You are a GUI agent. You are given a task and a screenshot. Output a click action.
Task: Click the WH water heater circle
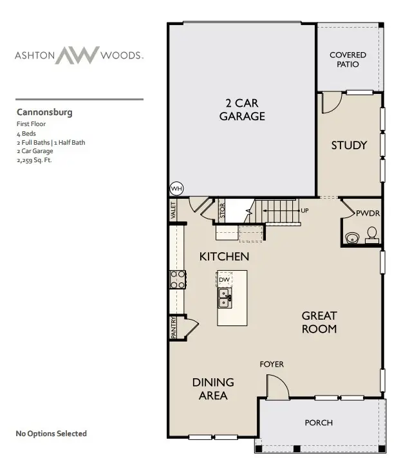(x=176, y=188)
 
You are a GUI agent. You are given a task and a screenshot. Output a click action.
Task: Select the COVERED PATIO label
(x=348, y=60)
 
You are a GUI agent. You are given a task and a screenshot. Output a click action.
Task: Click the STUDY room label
(x=349, y=145)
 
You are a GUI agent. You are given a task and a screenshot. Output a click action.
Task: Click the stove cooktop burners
(x=177, y=279)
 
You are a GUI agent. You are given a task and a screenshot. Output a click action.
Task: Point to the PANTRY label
(x=174, y=327)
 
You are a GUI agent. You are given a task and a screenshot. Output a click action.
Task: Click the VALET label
(x=173, y=210)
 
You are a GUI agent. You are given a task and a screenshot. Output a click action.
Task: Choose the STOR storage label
(x=222, y=212)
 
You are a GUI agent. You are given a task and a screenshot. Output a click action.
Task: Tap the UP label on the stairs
(x=304, y=210)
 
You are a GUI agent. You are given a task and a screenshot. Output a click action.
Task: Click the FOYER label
(x=271, y=365)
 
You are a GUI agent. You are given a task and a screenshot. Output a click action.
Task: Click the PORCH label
(x=319, y=423)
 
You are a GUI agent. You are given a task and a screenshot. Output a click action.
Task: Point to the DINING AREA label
(x=213, y=389)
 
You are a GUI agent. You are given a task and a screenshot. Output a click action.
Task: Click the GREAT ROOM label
(x=319, y=322)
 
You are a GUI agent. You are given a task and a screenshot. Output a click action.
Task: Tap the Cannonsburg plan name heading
(x=44, y=112)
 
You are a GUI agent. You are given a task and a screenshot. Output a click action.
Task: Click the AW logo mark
(x=77, y=55)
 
